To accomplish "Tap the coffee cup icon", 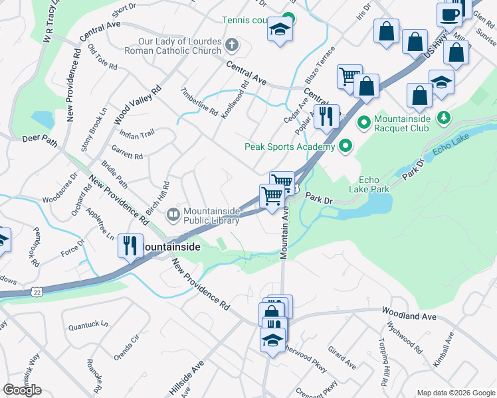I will pos(449,15).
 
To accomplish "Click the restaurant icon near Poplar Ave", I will pos(326,116).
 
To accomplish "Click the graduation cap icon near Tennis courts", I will pos(280,29).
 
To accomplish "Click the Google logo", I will pos(22,390).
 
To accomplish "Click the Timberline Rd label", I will pos(200,102).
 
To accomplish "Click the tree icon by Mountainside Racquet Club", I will pos(445,118).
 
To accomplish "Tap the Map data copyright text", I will pos(456,392).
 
